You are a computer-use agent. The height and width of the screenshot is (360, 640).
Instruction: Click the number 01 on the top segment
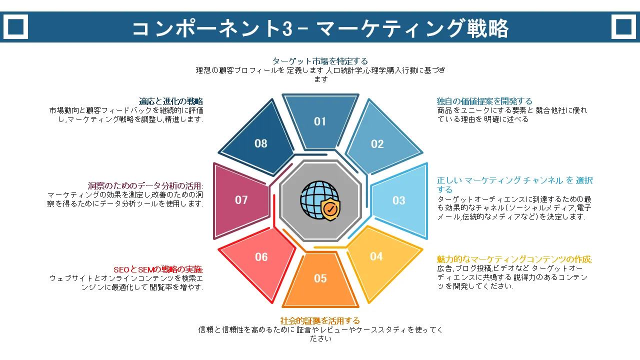[x=319, y=121]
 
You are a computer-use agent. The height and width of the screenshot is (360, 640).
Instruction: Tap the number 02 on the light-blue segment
[x=377, y=144]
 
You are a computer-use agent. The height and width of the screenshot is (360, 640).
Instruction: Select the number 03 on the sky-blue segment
[x=398, y=200]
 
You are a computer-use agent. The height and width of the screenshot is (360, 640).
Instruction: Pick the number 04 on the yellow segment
[x=376, y=256]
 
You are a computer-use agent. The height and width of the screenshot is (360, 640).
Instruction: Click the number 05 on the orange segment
[x=320, y=278]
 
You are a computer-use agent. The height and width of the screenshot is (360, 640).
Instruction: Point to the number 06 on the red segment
[x=261, y=257]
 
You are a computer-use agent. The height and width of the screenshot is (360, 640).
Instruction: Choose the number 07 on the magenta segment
[x=241, y=199]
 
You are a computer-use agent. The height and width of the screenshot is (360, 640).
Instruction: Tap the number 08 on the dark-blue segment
[x=261, y=143]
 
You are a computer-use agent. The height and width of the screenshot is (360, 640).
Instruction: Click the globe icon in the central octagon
[x=318, y=199]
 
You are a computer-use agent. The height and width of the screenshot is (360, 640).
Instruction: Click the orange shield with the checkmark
[x=330, y=209]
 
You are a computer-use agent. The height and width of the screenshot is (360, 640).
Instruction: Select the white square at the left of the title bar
[x=15, y=26]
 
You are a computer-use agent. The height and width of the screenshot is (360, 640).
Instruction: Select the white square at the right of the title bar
[x=623, y=26]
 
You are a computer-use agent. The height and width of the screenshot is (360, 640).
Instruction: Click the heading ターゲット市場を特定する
[x=320, y=61]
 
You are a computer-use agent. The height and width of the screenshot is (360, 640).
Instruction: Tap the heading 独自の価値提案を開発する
[x=484, y=101]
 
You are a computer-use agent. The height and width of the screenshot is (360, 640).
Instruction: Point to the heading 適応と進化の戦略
[x=171, y=101]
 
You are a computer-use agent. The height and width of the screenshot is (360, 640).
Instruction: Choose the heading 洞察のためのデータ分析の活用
[x=145, y=185]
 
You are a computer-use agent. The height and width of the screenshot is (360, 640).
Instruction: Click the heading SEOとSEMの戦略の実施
[x=158, y=269]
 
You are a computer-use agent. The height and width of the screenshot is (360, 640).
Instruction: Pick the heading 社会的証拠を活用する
[x=320, y=320]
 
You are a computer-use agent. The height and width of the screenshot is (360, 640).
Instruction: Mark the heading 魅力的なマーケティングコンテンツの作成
[x=514, y=259]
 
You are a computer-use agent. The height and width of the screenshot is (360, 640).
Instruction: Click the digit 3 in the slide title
[x=287, y=29]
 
